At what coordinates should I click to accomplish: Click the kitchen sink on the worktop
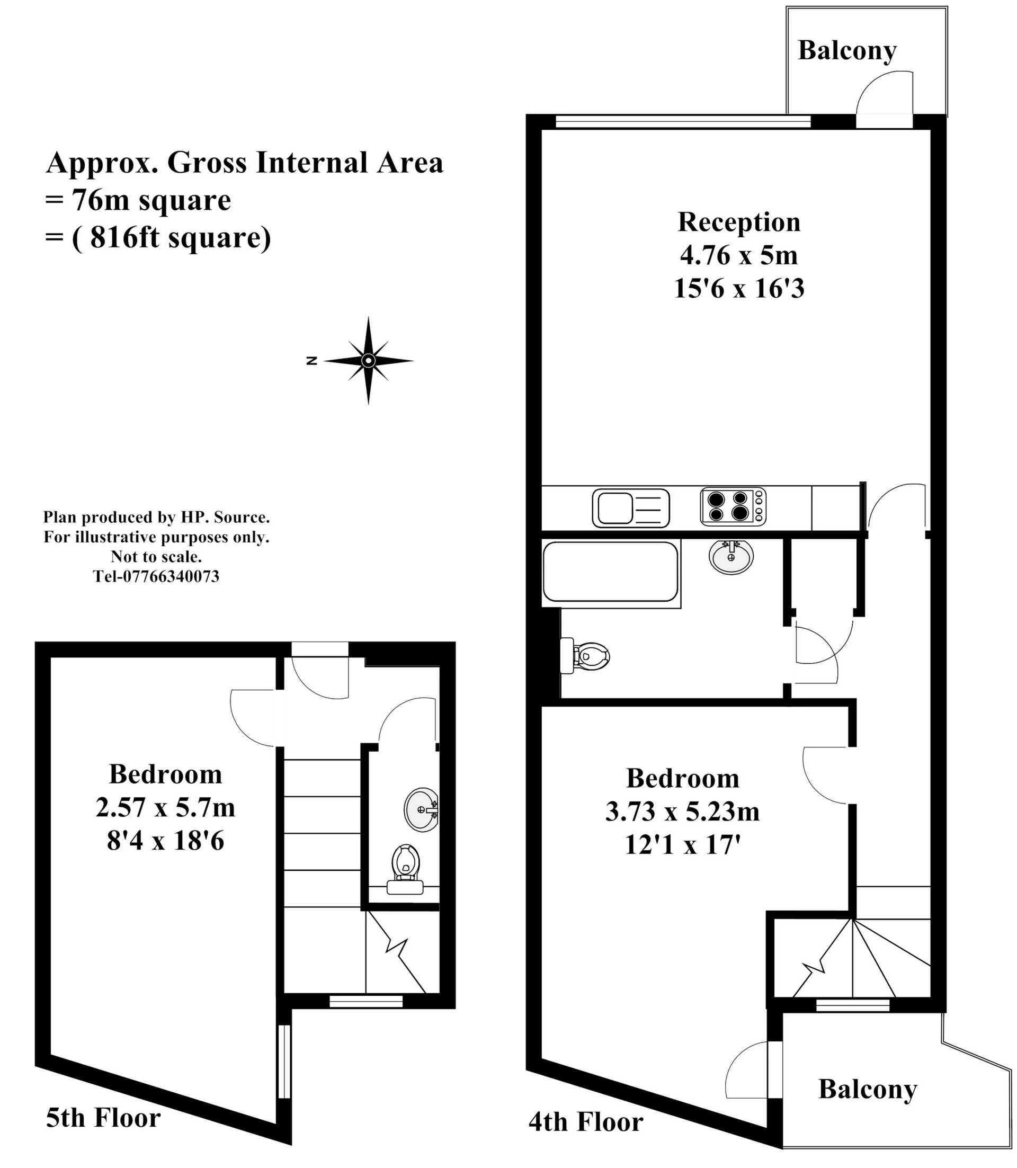pyautogui.click(x=630, y=508)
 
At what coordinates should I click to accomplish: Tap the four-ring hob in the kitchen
pyautogui.click(x=733, y=506)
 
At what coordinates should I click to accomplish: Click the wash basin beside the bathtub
pyautogui.click(x=731, y=556)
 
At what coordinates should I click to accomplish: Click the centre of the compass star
pyautogui.click(x=368, y=360)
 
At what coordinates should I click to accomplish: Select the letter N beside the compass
pyautogui.click(x=311, y=360)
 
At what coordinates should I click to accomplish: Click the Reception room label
pyautogui.click(x=738, y=222)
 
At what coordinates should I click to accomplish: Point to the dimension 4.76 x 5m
pyautogui.click(x=738, y=255)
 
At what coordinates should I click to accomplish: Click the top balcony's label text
pyautogui.click(x=847, y=50)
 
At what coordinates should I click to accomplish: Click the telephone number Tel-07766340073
pyautogui.click(x=156, y=577)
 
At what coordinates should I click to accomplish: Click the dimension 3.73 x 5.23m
pyautogui.click(x=682, y=812)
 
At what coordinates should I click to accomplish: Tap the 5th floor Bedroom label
pyautogui.click(x=165, y=774)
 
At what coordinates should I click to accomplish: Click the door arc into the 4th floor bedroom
pyautogui.click(x=823, y=774)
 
